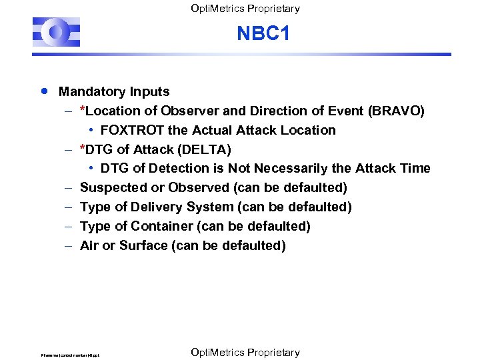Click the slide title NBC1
[263, 33]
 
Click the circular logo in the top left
[57, 33]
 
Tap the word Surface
[143, 246]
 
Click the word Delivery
[159, 207]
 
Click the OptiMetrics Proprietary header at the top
[245, 9]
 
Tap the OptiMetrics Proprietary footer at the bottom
[245, 352]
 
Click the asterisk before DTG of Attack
[82, 148]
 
